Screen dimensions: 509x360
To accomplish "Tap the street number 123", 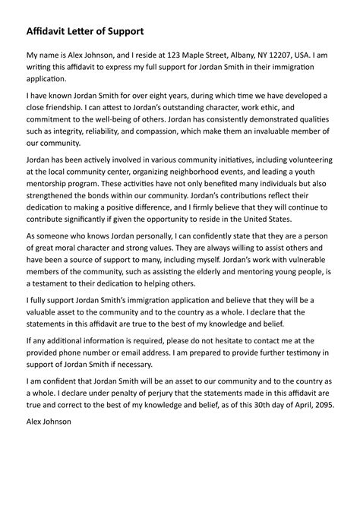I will [x=172, y=56].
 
